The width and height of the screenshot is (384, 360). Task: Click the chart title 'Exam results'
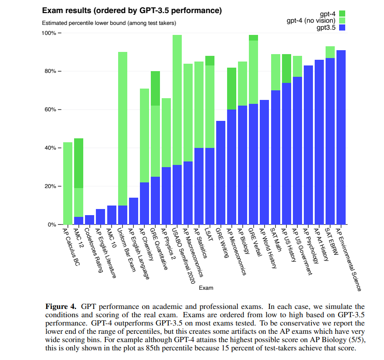pos(66,11)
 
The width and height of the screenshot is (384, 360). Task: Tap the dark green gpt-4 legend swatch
pos(342,14)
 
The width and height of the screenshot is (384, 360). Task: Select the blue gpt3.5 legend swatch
pos(342,27)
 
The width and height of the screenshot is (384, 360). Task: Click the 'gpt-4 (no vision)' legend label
pos(311,21)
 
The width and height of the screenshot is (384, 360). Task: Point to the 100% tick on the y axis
pos(60,33)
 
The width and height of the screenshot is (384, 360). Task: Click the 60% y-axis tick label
pos(50,110)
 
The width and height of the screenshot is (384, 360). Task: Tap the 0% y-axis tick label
pos(52,225)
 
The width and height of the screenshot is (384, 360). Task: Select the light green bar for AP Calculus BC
pos(68,183)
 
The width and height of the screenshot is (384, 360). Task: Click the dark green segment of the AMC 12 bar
pos(78,163)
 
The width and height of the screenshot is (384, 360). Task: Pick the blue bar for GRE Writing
pos(221,173)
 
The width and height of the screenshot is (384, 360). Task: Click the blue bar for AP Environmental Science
pos(341,137)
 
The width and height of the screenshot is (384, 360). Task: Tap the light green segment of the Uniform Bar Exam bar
pos(122,129)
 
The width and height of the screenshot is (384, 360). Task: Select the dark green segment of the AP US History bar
pos(286,69)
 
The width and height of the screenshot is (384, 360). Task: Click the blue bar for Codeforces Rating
pos(90,220)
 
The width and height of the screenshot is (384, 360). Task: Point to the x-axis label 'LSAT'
pos(209,234)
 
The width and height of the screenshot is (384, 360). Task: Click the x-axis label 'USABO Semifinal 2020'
pos(183,256)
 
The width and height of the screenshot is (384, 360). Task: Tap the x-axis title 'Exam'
pos(206,288)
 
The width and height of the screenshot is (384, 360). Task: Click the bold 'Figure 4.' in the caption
pos(61,307)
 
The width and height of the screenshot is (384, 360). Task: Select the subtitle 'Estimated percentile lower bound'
pos(84,23)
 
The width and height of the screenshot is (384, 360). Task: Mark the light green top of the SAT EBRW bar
pos(330,52)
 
